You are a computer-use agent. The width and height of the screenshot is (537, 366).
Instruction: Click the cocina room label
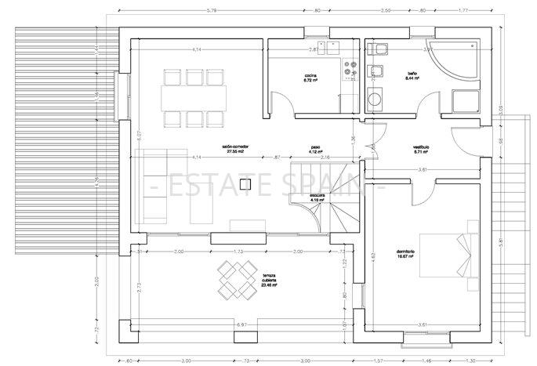310,78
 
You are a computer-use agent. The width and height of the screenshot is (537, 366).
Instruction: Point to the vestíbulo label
425,150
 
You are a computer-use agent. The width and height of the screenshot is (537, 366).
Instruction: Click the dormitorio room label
405,254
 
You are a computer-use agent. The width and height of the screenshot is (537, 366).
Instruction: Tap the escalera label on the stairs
317,197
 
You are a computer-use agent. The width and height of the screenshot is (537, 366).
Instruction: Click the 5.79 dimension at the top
189,10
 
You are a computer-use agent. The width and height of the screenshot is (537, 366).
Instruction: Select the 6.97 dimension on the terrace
241,323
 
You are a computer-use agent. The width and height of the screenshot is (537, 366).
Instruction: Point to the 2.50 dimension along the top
386,10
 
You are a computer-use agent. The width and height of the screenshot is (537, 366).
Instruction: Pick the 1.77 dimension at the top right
463,10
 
